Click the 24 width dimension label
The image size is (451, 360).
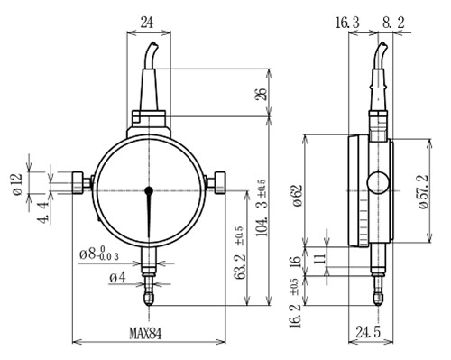pyautogui.click(x=147, y=23)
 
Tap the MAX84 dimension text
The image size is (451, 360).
pyautogui.click(x=145, y=333)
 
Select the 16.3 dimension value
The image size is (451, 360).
pyautogui.click(x=347, y=23)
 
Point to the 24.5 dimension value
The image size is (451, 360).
pyautogui.click(x=368, y=332)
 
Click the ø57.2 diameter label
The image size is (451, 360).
pyautogui.click(x=422, y=191)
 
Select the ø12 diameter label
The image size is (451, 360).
pyautogui.click(x=17, y=184)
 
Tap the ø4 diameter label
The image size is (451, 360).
pyautogui.click(x=117, y=278)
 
